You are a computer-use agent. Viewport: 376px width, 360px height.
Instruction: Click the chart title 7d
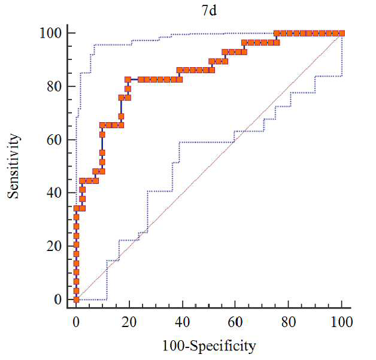pos(210,11)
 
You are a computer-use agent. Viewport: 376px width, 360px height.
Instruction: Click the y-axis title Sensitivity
pos(13,166)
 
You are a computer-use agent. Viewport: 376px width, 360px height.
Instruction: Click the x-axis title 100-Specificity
pos(209,346)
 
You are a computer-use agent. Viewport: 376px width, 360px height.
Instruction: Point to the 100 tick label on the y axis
pos(51,33)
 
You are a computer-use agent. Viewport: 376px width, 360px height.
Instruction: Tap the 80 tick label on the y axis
pos(54,86)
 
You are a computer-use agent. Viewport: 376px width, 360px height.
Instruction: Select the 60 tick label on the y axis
pos(54,140)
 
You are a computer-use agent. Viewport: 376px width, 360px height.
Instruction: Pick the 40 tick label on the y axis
pos(54,193)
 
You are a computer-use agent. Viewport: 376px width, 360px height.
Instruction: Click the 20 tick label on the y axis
pos(54,246)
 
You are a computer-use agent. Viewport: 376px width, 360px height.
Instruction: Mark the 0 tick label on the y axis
pos(58,300)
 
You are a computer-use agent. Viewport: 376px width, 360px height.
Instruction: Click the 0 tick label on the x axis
pos(76,322)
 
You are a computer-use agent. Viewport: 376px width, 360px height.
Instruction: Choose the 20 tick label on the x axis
pos(129,322)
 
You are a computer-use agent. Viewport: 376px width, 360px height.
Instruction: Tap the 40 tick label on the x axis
pos(183,322)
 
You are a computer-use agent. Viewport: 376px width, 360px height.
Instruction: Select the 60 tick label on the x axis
pos(235,322)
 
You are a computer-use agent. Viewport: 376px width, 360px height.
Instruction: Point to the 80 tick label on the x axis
pos(289,322)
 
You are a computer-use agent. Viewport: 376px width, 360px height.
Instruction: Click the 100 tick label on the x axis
pos(342,322)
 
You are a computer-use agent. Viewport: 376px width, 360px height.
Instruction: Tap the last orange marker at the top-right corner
pos(342,34)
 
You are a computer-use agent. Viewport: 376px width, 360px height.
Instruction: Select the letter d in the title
pos(213,11)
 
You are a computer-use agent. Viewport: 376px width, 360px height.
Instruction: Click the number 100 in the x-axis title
pos(174,346)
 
